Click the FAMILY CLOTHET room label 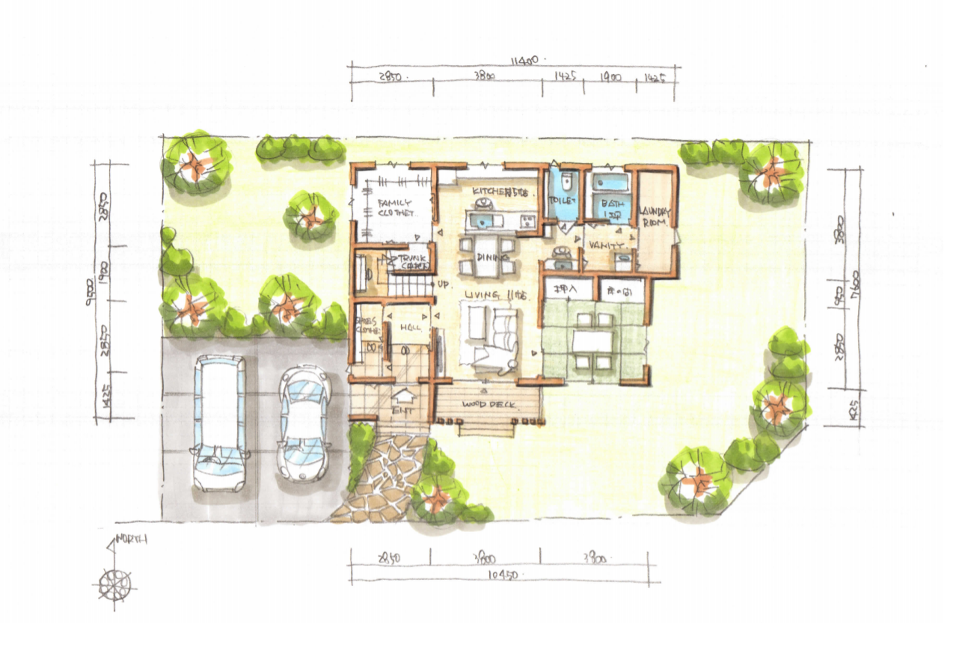[395, 207]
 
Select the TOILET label [562, 201]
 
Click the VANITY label [604, 245]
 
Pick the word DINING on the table [488, 257]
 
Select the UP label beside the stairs [444, 284]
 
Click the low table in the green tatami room [592, 340]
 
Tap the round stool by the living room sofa [511, 367]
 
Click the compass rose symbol [114, 582]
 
